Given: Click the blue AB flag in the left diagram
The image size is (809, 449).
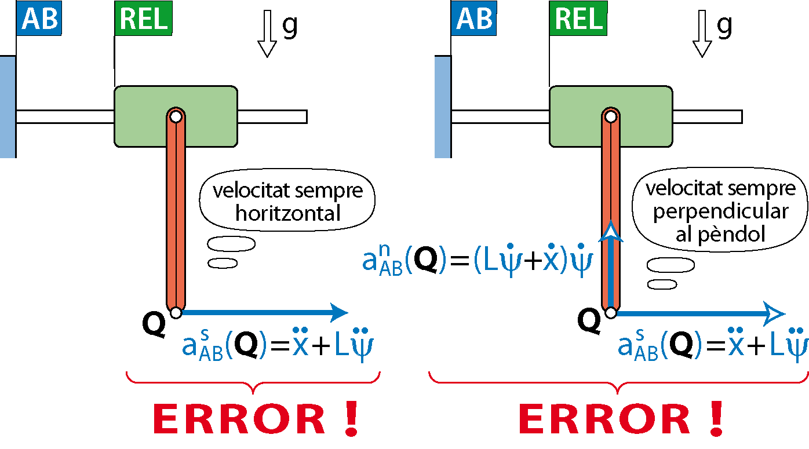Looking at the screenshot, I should pyautogui.click(x=39, y=19).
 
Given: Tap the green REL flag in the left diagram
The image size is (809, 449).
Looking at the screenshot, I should pyautogui.click(x=143, y=19).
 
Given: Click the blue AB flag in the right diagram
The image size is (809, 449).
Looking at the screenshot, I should pyautogui.click(x=474, y=19).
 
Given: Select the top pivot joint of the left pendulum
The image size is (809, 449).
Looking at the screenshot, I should pyautogui.click(x=176, y=116).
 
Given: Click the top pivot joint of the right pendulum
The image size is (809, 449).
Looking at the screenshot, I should pyautogui.click(x=610, y=116).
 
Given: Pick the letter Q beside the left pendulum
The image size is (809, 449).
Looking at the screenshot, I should pyautogui.click(x=154, y=326).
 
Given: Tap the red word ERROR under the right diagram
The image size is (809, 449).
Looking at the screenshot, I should pyautogui.click(x=604, y=419).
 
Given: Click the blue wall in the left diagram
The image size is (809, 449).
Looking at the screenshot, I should pyautogui.click(x=8, y=107).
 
